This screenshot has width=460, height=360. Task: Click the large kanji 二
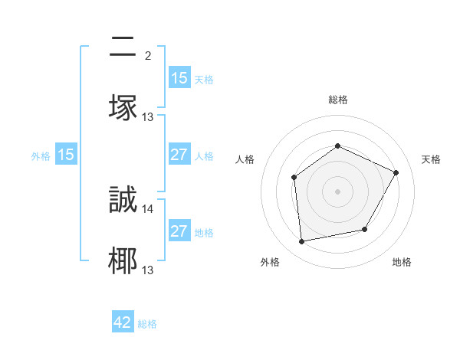point(123,47)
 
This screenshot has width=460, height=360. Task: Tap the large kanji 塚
point(123,108)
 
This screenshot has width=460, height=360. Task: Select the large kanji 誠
point(123,200)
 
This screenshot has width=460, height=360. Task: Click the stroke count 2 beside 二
point(148,55)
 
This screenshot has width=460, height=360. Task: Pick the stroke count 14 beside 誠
point(148,208)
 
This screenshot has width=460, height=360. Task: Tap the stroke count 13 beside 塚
point(148,116)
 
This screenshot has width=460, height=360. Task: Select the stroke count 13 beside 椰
point(148,270)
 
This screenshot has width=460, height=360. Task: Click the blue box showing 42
point(123,323)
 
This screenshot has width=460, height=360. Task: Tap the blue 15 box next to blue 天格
point(179,78)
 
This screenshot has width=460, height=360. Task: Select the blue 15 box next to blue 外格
point(66,155)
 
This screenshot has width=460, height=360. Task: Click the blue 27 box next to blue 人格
point(179,155)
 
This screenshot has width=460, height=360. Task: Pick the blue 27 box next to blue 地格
point(179,231)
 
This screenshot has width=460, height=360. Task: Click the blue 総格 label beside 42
point(147,324)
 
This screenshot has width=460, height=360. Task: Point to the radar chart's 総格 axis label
point(337,100)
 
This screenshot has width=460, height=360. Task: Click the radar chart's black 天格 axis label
point(431,159)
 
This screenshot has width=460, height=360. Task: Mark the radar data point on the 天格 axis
point(396,172)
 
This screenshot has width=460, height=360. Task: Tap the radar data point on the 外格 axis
point(302,241)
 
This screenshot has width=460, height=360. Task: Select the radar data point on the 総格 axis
point(337,146)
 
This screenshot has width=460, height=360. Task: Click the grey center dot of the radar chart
point(337,191)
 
